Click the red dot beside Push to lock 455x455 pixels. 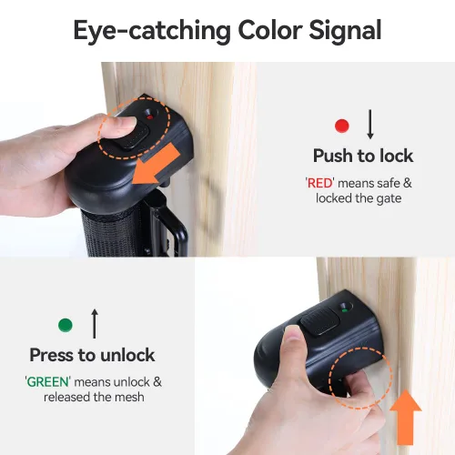[341, 126]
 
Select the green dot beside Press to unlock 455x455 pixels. [65, 325]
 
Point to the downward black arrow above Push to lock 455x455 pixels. [369, 124]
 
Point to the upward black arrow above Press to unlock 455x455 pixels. [94, 323]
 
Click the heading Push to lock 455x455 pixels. [363, 156]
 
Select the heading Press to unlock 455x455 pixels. [92, 355]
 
